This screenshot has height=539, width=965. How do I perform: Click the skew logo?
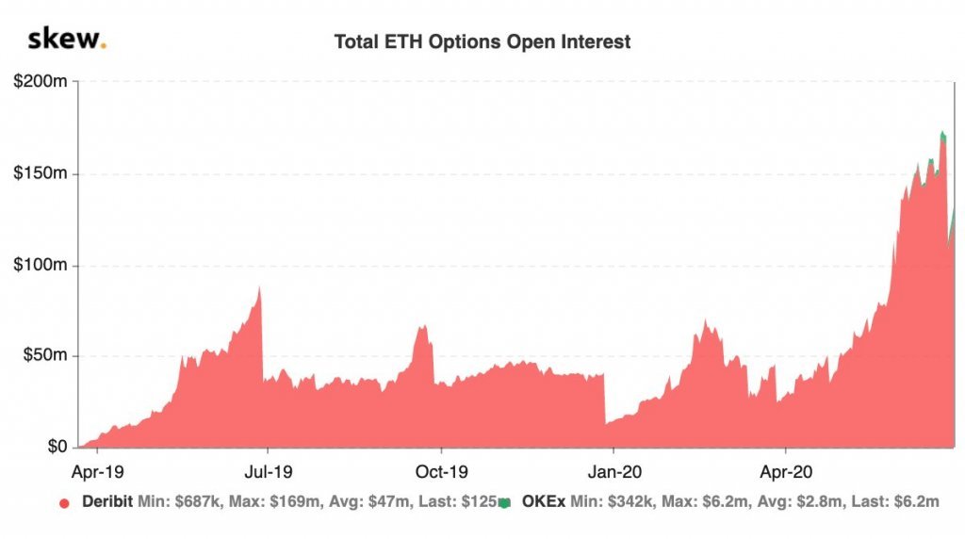(67, 40)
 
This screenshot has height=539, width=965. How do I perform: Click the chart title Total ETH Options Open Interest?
(482, 42)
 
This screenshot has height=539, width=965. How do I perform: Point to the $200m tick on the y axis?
(40, 83)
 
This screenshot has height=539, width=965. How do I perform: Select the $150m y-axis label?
(40, 174)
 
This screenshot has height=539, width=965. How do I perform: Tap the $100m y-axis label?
(40, 266)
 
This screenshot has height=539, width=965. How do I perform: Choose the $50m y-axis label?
(43, 356)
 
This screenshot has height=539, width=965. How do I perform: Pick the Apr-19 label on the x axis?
(97, 468)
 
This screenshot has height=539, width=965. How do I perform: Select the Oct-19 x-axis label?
(441, 468)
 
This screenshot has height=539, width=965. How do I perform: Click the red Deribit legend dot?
(64, 503)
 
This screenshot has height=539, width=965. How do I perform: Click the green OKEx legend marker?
(504, 503)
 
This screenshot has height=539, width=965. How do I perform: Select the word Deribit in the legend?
(106, 503)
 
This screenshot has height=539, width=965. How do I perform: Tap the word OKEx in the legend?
(541, 503)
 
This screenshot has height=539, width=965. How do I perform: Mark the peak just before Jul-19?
(259, 288)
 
